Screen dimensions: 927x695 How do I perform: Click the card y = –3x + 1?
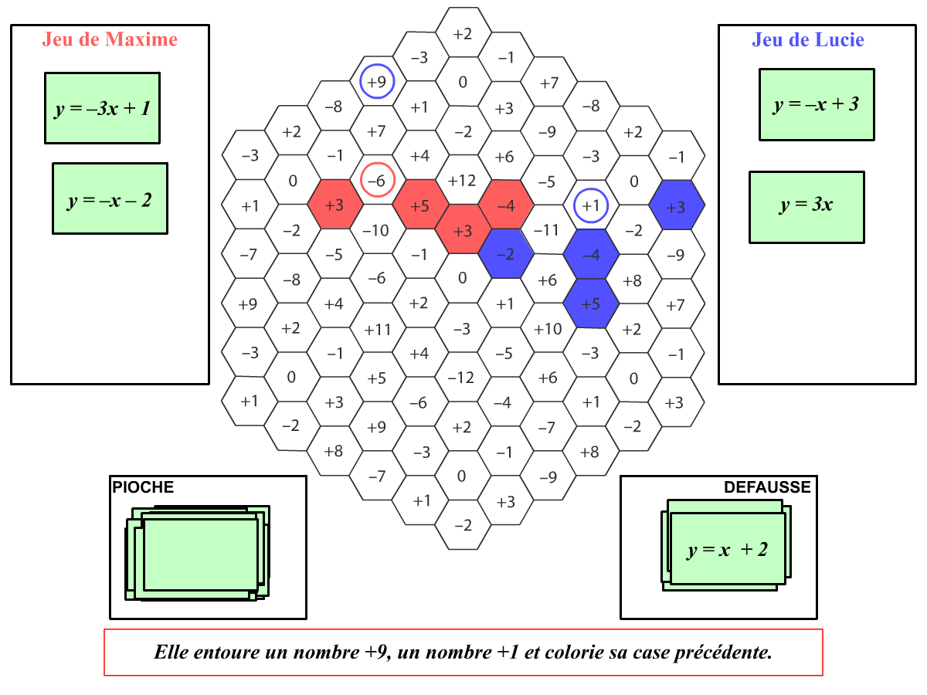(x=102, y=108)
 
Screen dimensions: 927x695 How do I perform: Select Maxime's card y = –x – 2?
(x=110, y=198)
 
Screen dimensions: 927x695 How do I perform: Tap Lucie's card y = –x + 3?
(x=817, y=104)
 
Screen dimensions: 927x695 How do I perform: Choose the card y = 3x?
(x=806, y=207)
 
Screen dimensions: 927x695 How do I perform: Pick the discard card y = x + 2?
(x=728, y=548)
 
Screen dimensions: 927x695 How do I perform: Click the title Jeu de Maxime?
(x=110, y=39)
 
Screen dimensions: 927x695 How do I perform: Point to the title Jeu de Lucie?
(x=807, y=39)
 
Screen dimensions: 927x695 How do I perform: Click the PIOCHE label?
(x=143, y=487)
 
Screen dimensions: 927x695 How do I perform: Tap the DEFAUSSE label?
(x=767, y=487)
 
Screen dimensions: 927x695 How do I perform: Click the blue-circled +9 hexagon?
(x=377, y=81)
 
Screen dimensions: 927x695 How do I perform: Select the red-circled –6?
(x=377, y=180)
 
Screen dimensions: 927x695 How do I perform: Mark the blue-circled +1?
(x=591, y=205)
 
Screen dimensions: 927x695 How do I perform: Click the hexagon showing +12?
(x=463, y=180)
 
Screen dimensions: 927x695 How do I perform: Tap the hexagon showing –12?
(x=462, y=378)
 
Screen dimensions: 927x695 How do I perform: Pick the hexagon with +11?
(x=378, y=328)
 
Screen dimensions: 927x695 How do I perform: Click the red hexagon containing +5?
(x=420, y=205)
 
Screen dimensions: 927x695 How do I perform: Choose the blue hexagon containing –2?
(x=505, y=253)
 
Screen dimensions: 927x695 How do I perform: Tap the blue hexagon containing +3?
(x=676, y=205)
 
